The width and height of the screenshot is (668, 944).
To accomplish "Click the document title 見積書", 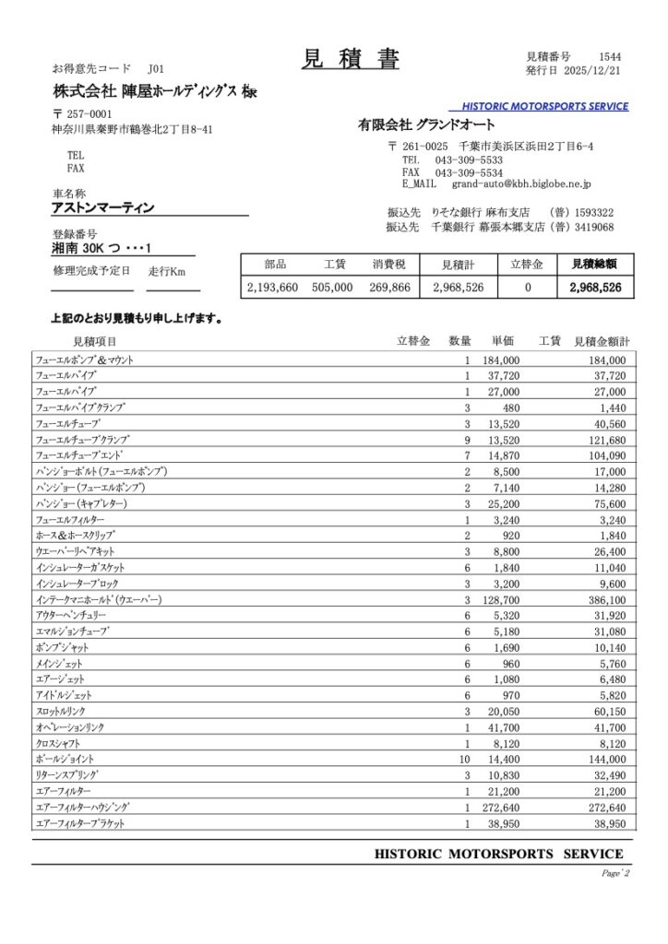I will click(x=350, y=60).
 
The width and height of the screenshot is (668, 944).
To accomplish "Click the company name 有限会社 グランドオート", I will click(x=426, y=124).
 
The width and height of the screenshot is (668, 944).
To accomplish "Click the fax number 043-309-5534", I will click(x=468, y=172).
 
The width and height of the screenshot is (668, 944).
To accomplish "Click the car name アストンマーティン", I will click(x=102, y=208).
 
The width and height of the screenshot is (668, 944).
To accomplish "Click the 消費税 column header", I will click(x=389, y=264).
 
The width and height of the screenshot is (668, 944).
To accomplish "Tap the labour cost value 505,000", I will click(x=332, y=288).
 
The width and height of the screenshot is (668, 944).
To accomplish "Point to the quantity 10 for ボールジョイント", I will click(x=465, y=759).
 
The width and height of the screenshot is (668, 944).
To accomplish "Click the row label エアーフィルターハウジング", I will click(x=82, y=807).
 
